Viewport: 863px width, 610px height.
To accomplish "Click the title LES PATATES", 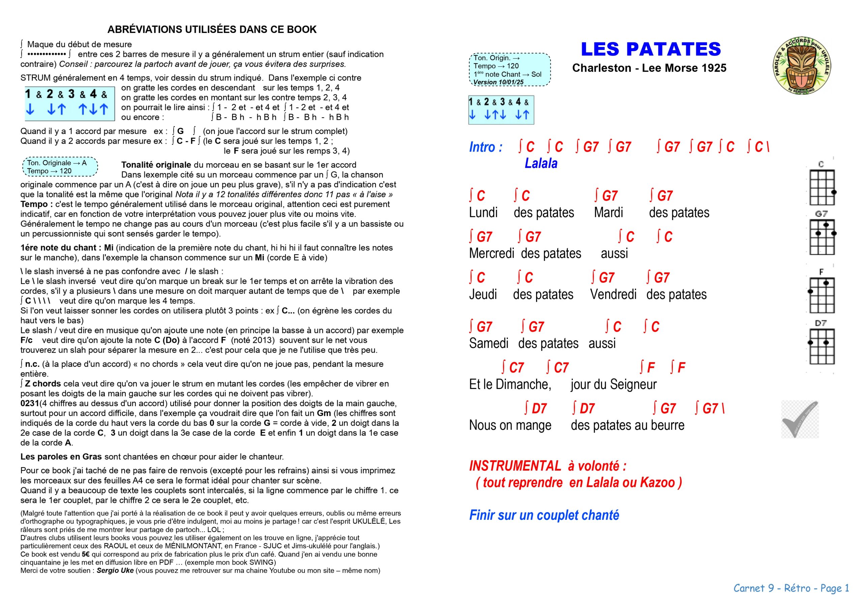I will (x=651, y=49).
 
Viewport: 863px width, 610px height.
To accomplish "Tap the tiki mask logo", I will (x=802, y=66).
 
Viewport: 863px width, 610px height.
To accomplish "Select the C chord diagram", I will (x=822, y=187).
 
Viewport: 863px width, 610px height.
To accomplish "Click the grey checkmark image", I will (x=800, y=419).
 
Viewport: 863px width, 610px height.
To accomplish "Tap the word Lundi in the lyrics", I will (x=483, y=213).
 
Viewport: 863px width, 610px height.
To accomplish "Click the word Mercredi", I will (x=491, y=254).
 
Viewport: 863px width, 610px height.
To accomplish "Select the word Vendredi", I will (x=613, y=294).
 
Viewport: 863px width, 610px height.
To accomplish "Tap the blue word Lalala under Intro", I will (x=541, y=163).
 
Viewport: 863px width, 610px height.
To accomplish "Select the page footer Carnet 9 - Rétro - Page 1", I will (x=791, y=588).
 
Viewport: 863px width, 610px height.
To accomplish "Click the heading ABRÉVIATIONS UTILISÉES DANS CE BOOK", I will (x=212, y=29).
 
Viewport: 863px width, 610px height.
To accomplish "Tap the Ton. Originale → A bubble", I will (x=60, y=167).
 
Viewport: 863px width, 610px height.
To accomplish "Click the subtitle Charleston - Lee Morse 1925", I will (x=649, y=68).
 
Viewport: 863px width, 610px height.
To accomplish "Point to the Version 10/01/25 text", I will (x=498, y=82).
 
